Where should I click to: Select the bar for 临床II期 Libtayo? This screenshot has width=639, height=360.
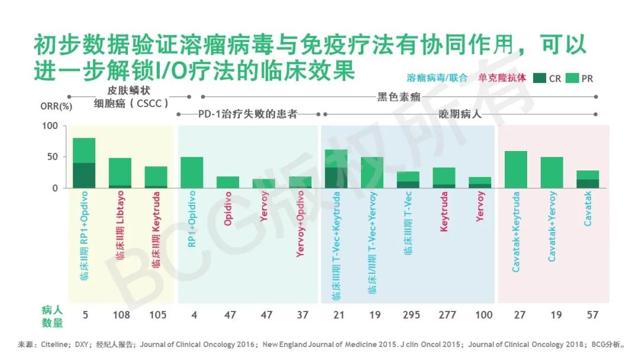(120, 173)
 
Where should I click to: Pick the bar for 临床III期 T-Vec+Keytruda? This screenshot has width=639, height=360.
(336, 169)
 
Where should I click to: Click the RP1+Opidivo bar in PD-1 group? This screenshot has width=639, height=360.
(192, 172)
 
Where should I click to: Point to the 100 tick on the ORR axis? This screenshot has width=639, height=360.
(50, 126)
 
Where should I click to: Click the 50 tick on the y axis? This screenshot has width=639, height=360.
(52, 157)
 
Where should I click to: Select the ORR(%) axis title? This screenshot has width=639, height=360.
(56, 107)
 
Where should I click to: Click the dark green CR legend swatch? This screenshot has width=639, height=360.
(539, 78)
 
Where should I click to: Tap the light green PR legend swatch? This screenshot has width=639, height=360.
(572, 78)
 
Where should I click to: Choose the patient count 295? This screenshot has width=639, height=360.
(411, 315)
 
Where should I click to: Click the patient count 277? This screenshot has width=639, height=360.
(447, 315)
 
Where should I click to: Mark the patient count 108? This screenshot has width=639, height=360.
(121, 315)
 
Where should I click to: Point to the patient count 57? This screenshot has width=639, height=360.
(592, 315)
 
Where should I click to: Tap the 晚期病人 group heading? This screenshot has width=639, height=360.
(460, 114)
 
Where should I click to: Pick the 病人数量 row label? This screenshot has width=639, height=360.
(51, 316)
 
